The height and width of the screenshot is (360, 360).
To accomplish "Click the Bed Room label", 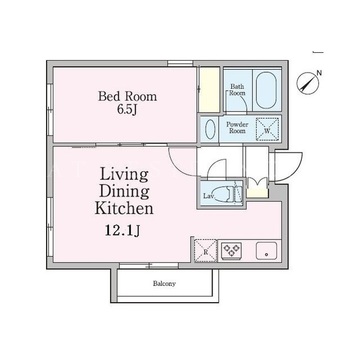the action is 127,96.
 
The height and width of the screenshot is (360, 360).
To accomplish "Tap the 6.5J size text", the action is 127,110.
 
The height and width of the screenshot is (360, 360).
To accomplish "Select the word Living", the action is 124,175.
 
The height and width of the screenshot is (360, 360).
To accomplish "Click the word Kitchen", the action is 124,209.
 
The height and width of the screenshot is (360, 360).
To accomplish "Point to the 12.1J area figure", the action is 122,231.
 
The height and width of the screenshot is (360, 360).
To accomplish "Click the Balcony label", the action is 164,284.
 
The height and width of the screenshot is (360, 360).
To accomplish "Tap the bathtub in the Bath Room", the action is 267,90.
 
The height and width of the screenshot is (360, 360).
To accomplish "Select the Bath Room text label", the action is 237,90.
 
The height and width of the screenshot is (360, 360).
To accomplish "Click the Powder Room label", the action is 237,128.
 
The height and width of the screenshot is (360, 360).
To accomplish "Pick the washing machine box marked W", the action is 267,130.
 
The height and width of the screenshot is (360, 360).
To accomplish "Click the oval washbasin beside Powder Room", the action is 210,129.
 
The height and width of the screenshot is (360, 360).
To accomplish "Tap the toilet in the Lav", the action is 227,194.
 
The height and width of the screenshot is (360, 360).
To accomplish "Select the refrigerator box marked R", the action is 206,251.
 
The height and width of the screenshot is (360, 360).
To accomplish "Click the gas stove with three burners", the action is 232,251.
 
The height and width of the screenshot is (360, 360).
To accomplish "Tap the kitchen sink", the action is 267,251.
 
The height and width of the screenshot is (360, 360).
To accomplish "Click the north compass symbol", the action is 307,83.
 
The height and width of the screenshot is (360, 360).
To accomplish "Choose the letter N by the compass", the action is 319,73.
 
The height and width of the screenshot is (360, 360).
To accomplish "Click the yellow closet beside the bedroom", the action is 209,90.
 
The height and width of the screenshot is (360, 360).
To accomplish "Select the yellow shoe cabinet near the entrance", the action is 257,192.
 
